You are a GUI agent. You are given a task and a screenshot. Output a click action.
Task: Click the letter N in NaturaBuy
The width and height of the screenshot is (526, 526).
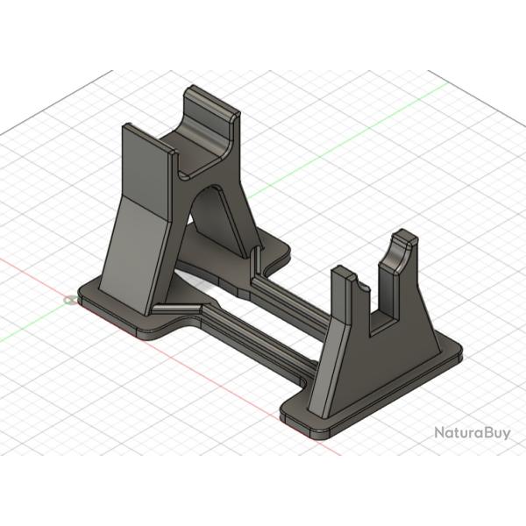tap(440, 432)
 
